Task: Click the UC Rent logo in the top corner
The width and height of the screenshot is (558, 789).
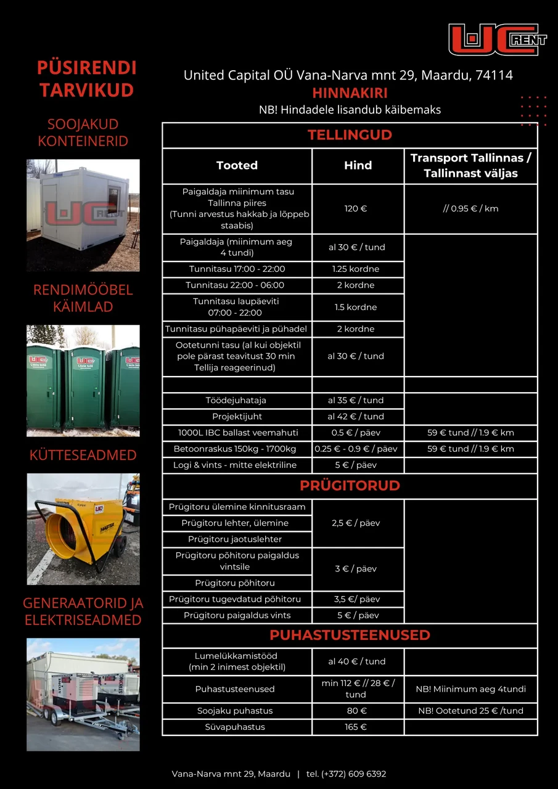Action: pos(497,39)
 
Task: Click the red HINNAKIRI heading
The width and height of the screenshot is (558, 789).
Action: pos(350,93)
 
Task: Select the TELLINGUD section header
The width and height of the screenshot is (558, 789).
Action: pos(350,135)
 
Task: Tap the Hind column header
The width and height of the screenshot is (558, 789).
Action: pos(358,165)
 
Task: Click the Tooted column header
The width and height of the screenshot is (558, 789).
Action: pos(237,165)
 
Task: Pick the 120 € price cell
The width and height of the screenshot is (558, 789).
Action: pos(356,209)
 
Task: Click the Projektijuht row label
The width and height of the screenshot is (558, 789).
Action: pos(237,416)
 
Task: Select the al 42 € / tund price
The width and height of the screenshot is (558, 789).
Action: pos(356,416)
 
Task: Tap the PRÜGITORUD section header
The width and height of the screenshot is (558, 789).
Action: pos(350,485)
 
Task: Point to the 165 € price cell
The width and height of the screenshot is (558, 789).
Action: pos(356,727)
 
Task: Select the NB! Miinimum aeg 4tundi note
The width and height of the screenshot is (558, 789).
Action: pos(471,689)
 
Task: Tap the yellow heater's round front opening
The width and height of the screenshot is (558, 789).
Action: pos(64,531)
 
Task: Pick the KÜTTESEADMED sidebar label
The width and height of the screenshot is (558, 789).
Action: pos(83,456)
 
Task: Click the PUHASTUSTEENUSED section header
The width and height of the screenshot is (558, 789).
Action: pos(350,635)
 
